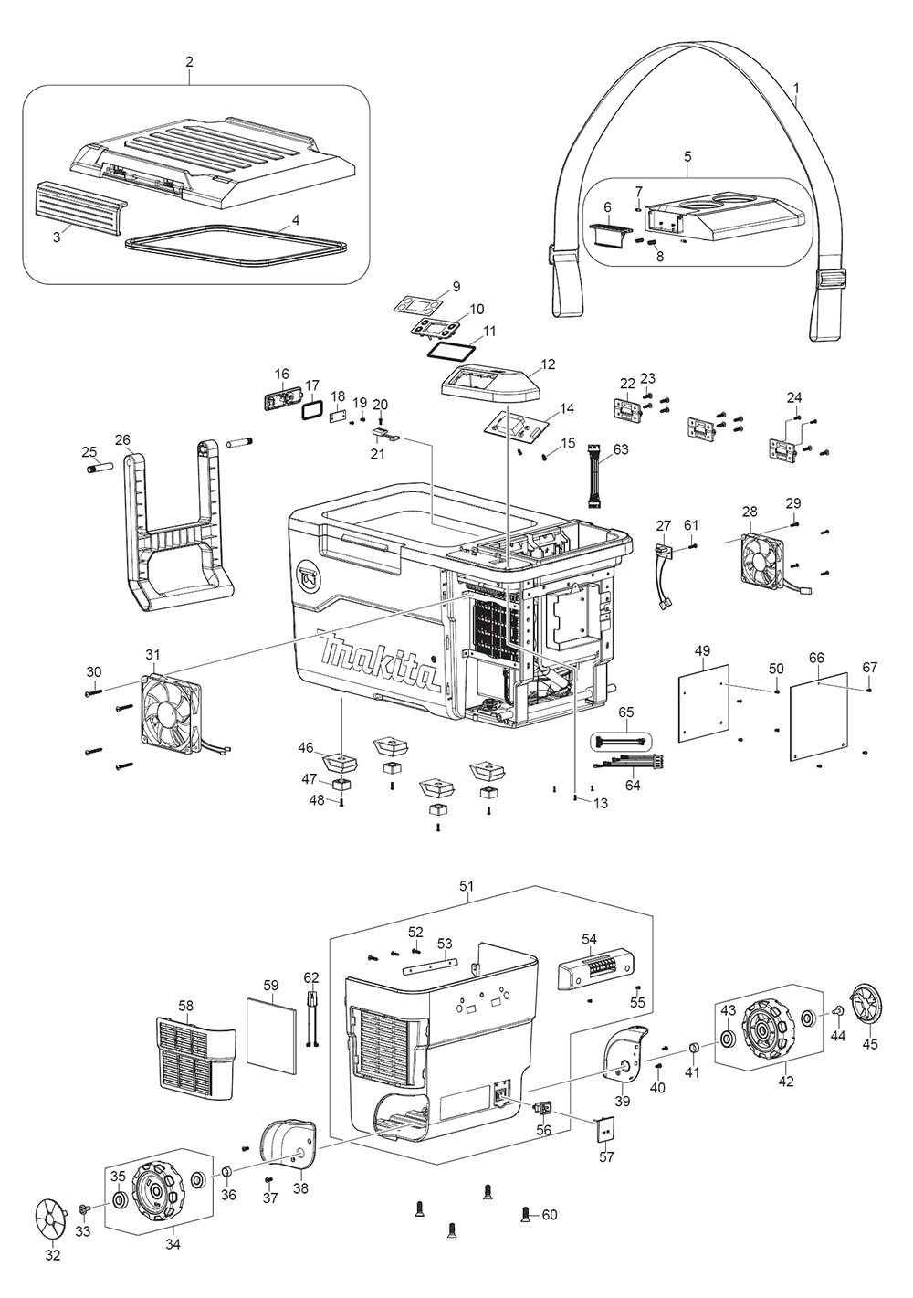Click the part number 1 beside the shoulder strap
pos(796,90)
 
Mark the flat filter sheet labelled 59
pos(272,1035)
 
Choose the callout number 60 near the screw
pos(550,1215)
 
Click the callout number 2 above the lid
pos(189,62)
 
